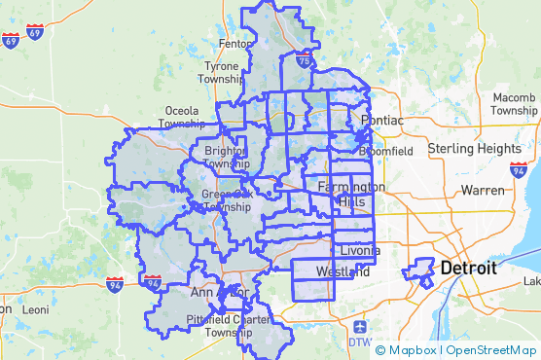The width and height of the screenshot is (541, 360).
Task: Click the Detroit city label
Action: [469, 267]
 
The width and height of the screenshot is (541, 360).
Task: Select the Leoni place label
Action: [36, 309]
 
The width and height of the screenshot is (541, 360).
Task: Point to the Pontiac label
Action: [381, 120]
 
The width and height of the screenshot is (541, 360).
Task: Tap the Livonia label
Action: [358, 251]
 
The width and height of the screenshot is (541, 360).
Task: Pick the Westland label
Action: [343, 271]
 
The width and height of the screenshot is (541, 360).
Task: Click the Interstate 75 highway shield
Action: [305, 61]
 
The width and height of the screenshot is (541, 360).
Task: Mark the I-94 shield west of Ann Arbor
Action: [152, 281]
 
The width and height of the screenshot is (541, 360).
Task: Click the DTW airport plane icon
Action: [360, 326]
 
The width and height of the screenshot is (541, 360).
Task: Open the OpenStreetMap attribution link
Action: [488, 349]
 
